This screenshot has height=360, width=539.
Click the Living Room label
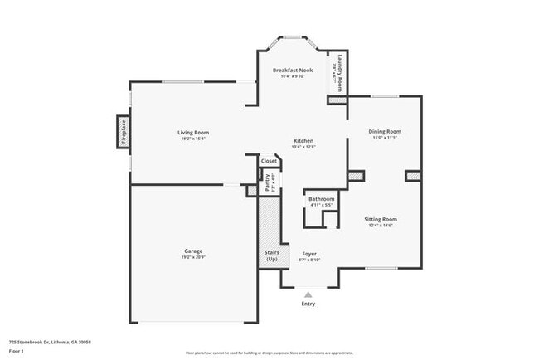pyautogui.click(x=192, y=133)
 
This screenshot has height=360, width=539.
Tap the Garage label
pyautogui.click(x=193, y=251)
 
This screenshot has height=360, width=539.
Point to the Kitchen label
pyautogui.click(x=303, y=142)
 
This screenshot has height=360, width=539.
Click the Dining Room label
pyautogui.click(x=385, y=131)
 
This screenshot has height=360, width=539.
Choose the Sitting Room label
pyautogui.click(x=379, y=219)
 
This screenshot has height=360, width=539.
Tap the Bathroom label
pyautogui.click(x=322, y=199)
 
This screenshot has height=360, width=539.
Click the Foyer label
pyautogui.click(x=308, y=254)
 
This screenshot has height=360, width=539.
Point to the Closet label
pyautogui.click(x=269, y=161)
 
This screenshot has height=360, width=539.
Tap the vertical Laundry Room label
pyautogui.click(x=337, y=71)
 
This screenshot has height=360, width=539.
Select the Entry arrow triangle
pyautogui.click(x=308, y=294)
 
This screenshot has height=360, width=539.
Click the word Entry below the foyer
pyautogui.click(x=308, y=304)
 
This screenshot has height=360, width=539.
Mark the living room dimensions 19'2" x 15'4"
pyautogui.click(x=192, y=139)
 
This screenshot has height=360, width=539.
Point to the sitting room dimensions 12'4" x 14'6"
pyautogui.click(x=379, y=225)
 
